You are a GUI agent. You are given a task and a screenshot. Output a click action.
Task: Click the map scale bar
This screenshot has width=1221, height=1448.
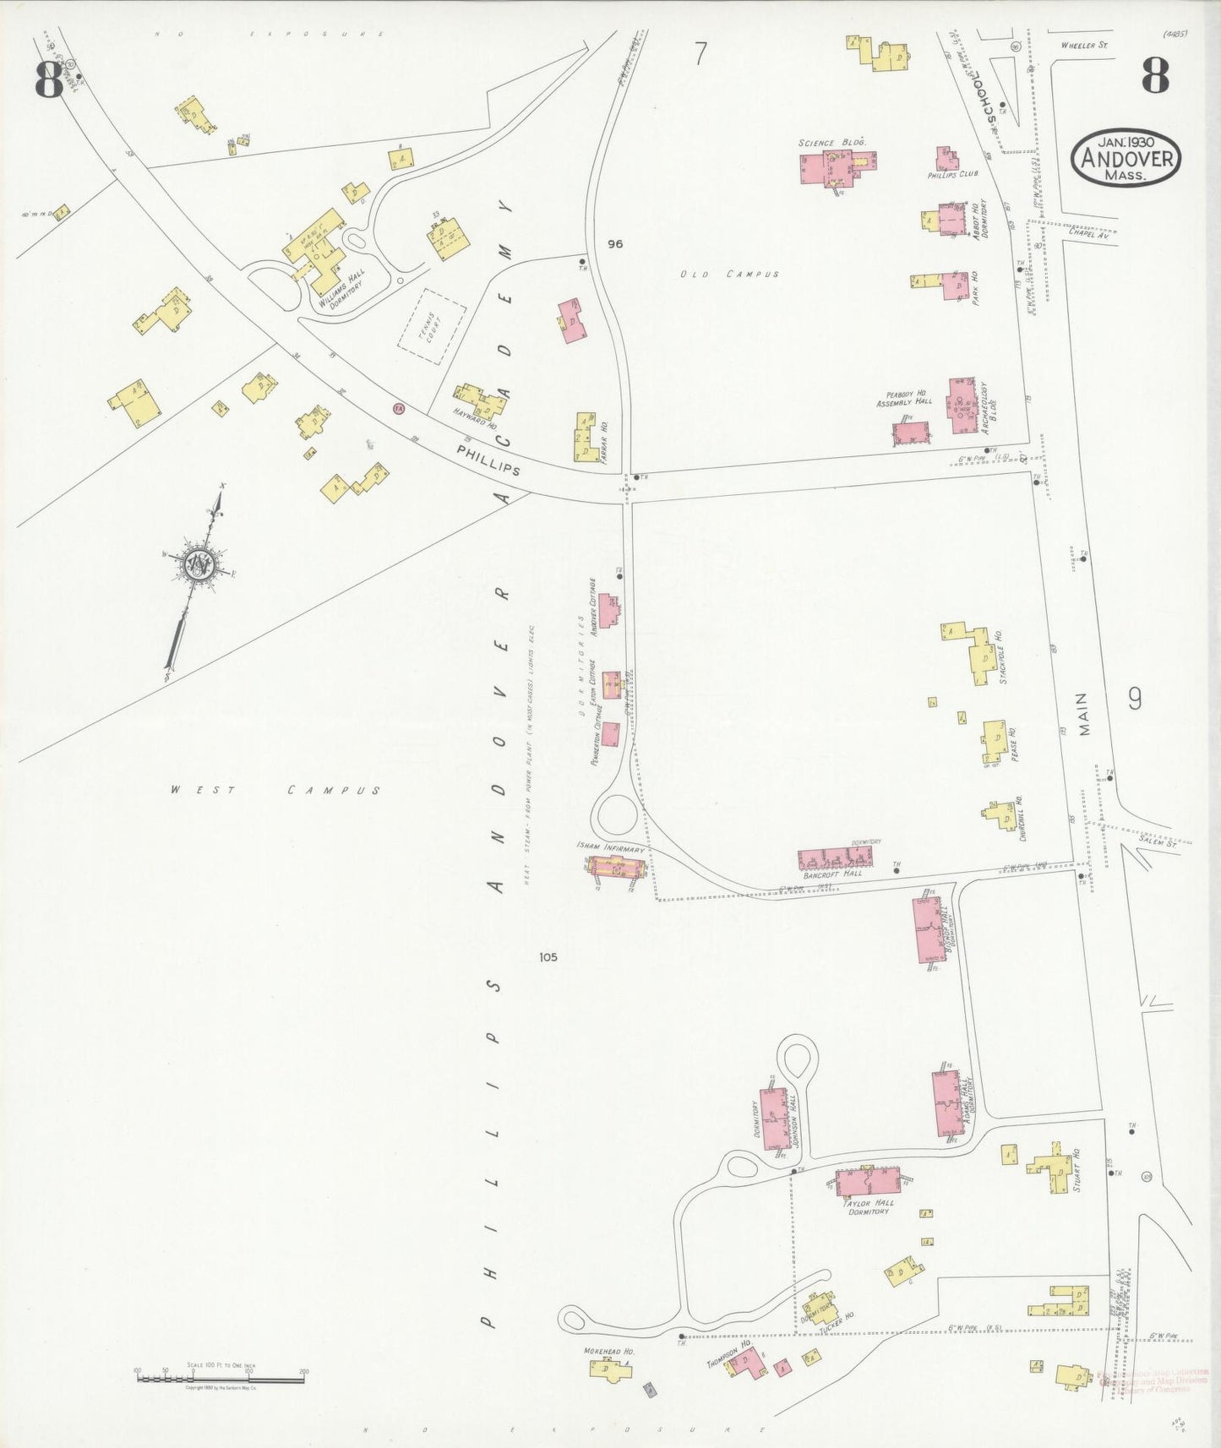220,1379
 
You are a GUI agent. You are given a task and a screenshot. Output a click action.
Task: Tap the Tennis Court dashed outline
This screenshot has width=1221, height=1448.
432,326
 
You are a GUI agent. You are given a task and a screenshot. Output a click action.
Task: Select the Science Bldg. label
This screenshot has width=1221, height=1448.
832,143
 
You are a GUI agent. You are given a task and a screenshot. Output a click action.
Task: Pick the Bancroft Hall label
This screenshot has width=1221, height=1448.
832,874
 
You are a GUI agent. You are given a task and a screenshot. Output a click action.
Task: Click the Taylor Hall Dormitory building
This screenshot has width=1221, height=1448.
866,1180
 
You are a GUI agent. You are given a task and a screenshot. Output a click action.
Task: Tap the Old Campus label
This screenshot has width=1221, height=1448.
730,275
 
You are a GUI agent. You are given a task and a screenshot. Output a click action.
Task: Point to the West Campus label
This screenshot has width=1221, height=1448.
275,791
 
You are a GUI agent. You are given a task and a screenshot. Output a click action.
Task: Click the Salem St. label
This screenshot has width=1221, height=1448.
1157,843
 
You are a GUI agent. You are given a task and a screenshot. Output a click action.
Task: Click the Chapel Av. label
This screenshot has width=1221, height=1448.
1087,236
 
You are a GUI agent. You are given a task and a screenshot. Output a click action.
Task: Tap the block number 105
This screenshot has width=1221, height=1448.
548,957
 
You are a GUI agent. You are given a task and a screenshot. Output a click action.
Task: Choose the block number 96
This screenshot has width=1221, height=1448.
614,244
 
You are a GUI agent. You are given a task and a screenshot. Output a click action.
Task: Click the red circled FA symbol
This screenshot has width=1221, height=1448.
399,409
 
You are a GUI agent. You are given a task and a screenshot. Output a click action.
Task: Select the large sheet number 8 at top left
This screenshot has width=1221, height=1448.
48,80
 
